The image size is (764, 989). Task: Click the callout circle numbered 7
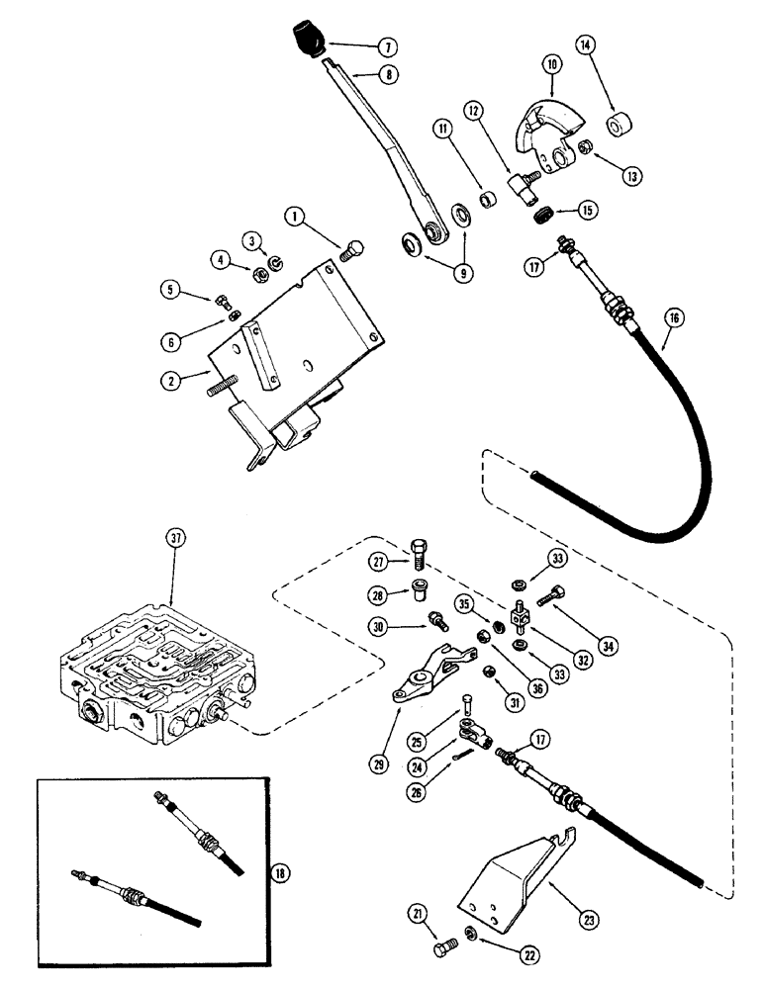coord(357,46)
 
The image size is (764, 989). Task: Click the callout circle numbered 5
coord(174,290)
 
